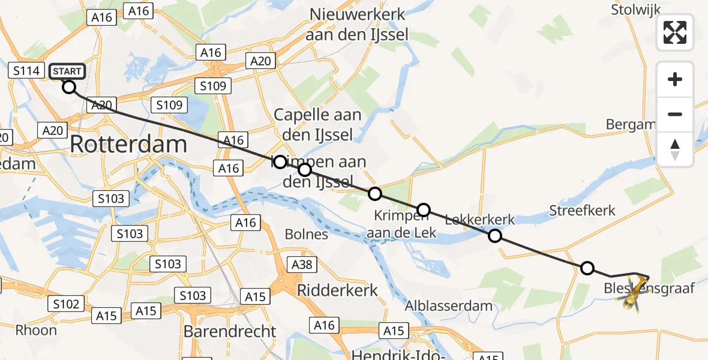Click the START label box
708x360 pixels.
pyautogui.click(x=67, y=71)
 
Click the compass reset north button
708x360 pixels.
pyautogui.click(x=675, y=149)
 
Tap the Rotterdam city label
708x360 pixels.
pyautogui.click(x=129, y=145)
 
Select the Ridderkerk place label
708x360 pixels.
pyautogui.click(x=338, y=291)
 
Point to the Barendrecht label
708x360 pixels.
pyautogui.click(x=230, y=331)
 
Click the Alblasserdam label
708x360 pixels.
pyautogui.click(x=449, y=305)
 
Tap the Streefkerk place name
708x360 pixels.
pyautogui.click(x=582, y=211)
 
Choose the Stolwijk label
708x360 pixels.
pyautogui.click(x=635, y=10)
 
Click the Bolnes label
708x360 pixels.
pyautogui.click(x=306, y=234)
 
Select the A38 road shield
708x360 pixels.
pyautogui.click(x=304, y=265)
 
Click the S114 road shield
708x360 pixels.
pyautogui.click(x=26, y=71)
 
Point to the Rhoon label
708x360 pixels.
pyautogui.click(x=36, y=330)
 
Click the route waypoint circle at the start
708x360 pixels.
pyautogui.click(x=69, y=87)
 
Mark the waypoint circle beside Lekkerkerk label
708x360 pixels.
pyautogui.click(x=495, y=236)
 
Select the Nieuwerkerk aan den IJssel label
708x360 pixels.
pyautogui.click(x=356, y=25)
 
